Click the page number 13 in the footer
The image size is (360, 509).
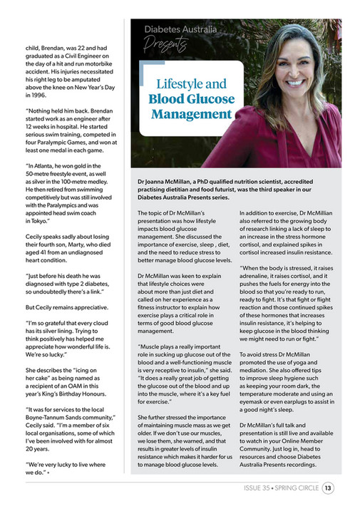click(x=327, y=488)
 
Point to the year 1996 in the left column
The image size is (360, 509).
click(x=38, y=93)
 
